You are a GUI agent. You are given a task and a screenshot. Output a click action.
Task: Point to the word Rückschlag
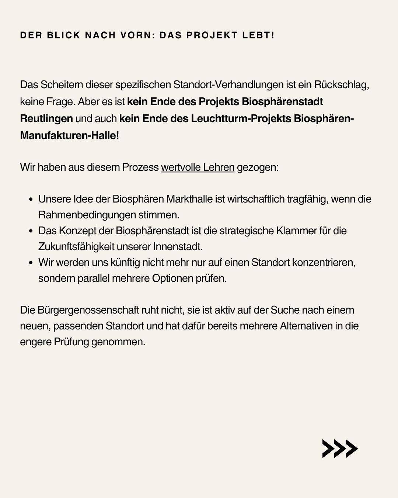341,85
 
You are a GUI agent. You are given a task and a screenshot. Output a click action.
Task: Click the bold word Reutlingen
46,119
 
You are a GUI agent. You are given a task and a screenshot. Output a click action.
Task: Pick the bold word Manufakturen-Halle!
69,135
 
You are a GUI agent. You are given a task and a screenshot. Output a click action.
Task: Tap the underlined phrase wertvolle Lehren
198,167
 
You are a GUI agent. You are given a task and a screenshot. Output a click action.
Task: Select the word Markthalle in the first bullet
189,199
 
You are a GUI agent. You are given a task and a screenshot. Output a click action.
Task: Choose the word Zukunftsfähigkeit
76,246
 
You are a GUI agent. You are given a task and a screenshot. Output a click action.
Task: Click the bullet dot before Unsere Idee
31,200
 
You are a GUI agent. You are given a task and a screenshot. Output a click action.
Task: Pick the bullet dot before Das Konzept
31,231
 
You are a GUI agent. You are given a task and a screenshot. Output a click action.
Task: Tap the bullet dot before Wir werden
31,263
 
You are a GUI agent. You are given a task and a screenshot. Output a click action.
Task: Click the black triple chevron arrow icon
339,449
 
